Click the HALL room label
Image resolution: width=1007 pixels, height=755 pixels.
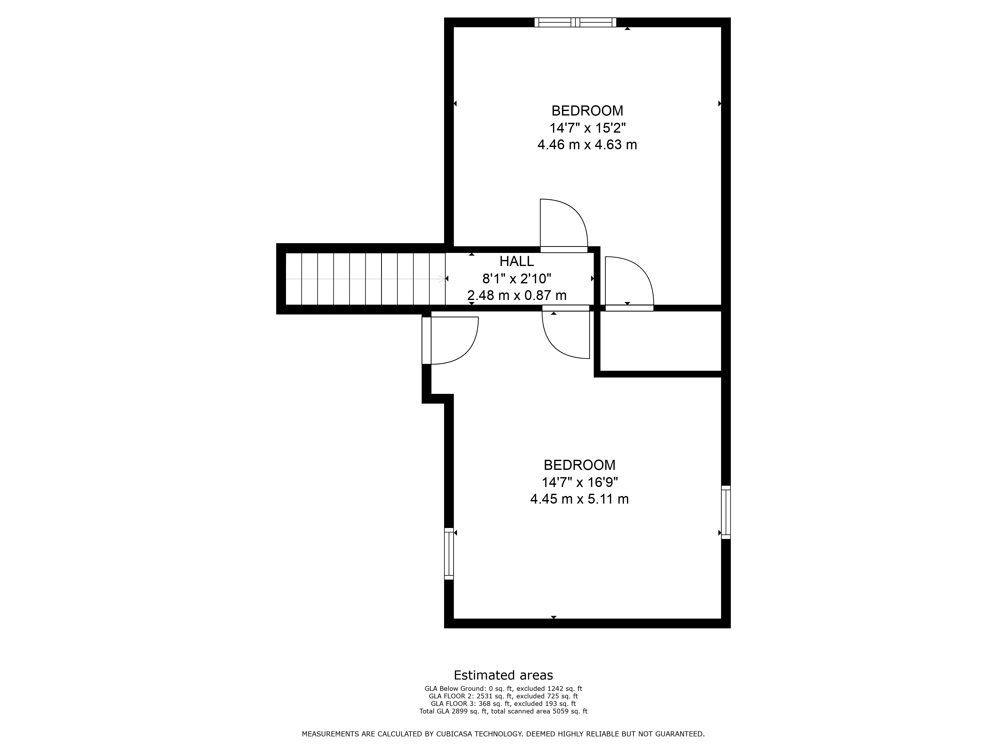517,261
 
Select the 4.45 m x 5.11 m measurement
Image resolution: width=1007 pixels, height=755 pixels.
580,499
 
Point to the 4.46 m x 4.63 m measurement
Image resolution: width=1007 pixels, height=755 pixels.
587,145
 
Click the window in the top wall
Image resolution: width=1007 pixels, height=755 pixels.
576,22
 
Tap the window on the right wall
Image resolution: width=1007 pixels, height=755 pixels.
726,512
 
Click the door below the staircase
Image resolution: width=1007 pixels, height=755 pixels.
450,341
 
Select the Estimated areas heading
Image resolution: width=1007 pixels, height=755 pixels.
503,675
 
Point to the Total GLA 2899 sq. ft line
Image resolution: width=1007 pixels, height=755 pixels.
503,711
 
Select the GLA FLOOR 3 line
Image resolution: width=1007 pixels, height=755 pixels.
503,704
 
